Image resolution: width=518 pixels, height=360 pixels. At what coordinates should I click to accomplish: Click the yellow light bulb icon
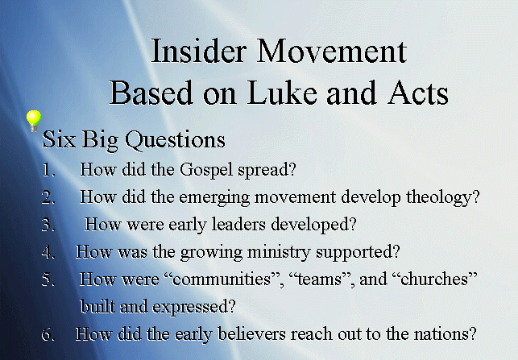coord(34,122)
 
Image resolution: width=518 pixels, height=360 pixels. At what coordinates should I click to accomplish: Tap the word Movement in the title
coord(332,52)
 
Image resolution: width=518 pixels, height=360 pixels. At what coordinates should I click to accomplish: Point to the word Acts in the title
coord(418,93)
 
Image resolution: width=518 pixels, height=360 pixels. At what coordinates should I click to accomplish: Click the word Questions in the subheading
coord(175,140)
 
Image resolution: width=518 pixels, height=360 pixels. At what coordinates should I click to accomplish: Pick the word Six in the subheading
coord(59,139)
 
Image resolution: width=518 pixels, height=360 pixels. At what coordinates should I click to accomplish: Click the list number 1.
coord(48,170)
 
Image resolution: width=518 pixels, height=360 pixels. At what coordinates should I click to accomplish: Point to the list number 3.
coord(48,225)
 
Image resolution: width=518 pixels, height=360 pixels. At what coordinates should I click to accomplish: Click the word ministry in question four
coord(279,253)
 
